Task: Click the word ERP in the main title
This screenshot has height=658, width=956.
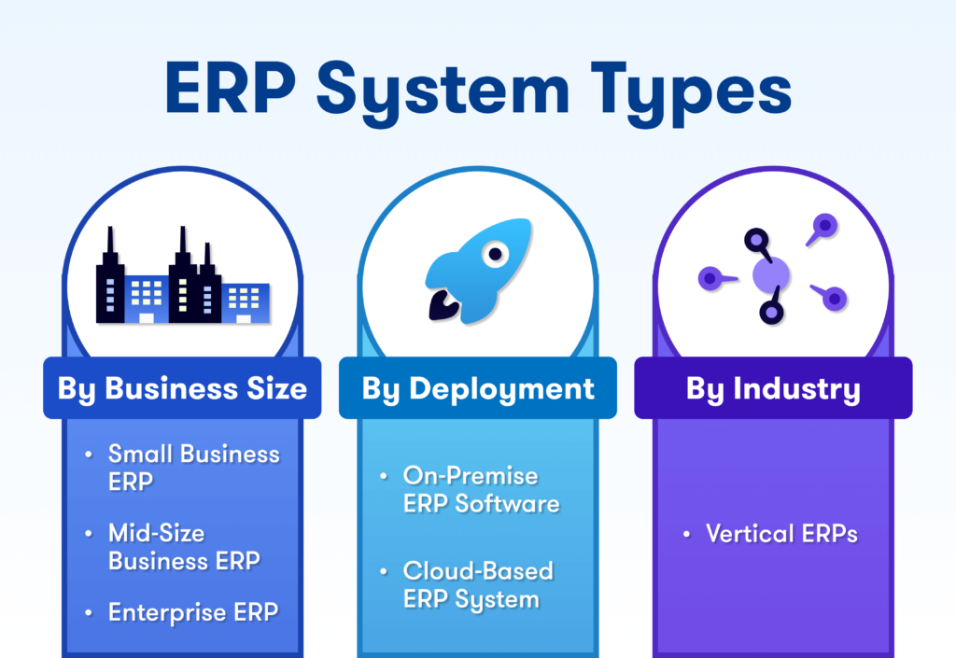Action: coord(231,88)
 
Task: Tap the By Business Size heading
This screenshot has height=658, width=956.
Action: coord(182,388)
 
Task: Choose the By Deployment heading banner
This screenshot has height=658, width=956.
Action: coord(478,388)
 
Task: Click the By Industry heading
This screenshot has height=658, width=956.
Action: coord(773,388)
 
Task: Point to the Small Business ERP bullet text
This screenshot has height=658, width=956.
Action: coord(194,468)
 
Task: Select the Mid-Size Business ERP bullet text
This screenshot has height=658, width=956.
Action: coord(184,547)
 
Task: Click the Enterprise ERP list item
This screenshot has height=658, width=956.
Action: coord(193,612)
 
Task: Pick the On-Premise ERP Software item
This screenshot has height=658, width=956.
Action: coord(481,490)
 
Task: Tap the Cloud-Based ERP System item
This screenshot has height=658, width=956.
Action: coord(478,585)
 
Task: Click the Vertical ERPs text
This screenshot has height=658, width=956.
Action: coord(781,534)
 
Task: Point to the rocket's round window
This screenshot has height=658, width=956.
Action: coord(495,254)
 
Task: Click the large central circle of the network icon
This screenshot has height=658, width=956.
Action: coord(770,275)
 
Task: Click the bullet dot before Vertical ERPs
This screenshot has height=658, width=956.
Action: coord(686,534)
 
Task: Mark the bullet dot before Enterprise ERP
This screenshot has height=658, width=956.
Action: coord(89,612)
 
